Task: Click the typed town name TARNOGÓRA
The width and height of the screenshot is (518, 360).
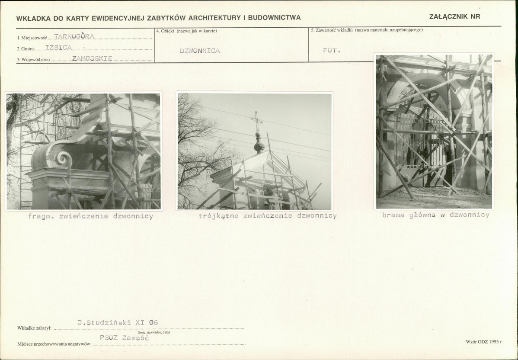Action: [x=74, y=36]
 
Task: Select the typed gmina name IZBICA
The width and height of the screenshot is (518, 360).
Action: [x=58, y=48]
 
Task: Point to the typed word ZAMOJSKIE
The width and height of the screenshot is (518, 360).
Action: [x=92, y=58]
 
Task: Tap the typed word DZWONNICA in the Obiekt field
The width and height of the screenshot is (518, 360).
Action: [x=200, y=51]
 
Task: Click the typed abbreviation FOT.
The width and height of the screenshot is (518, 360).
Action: [x=332, y=50]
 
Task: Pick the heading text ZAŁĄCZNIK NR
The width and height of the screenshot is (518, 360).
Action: [x=454, y=16]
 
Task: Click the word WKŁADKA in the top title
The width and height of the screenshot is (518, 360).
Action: [x=33, y=18]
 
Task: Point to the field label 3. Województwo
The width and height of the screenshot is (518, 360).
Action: [x=33, y=60]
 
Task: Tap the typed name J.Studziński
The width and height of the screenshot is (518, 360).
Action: [x=104, y=323]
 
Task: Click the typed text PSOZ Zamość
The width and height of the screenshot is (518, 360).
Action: [x=124, y=338]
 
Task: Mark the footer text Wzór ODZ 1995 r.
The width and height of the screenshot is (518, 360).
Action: [x=484, y=342]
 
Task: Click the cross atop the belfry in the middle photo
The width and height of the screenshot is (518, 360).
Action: [x=256, y=121]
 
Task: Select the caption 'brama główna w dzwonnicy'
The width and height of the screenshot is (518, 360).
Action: [x=436, y=215]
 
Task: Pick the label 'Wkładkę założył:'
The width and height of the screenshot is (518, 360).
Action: [x=34, y=328]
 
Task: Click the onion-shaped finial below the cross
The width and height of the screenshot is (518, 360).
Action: [x=259, y=143]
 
